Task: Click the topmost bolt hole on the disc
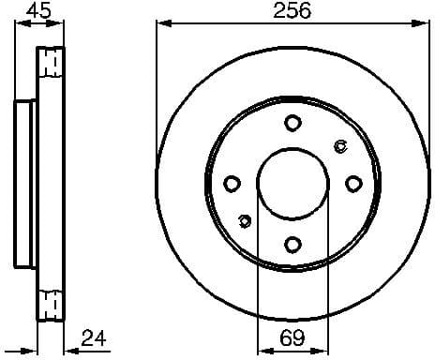292,122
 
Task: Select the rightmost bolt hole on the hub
353,183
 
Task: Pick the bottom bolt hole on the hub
292,244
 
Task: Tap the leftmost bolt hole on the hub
232,183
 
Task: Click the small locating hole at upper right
340,144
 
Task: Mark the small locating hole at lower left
245,221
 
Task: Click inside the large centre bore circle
292,183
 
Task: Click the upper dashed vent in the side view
52,63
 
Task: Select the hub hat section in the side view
26,183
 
